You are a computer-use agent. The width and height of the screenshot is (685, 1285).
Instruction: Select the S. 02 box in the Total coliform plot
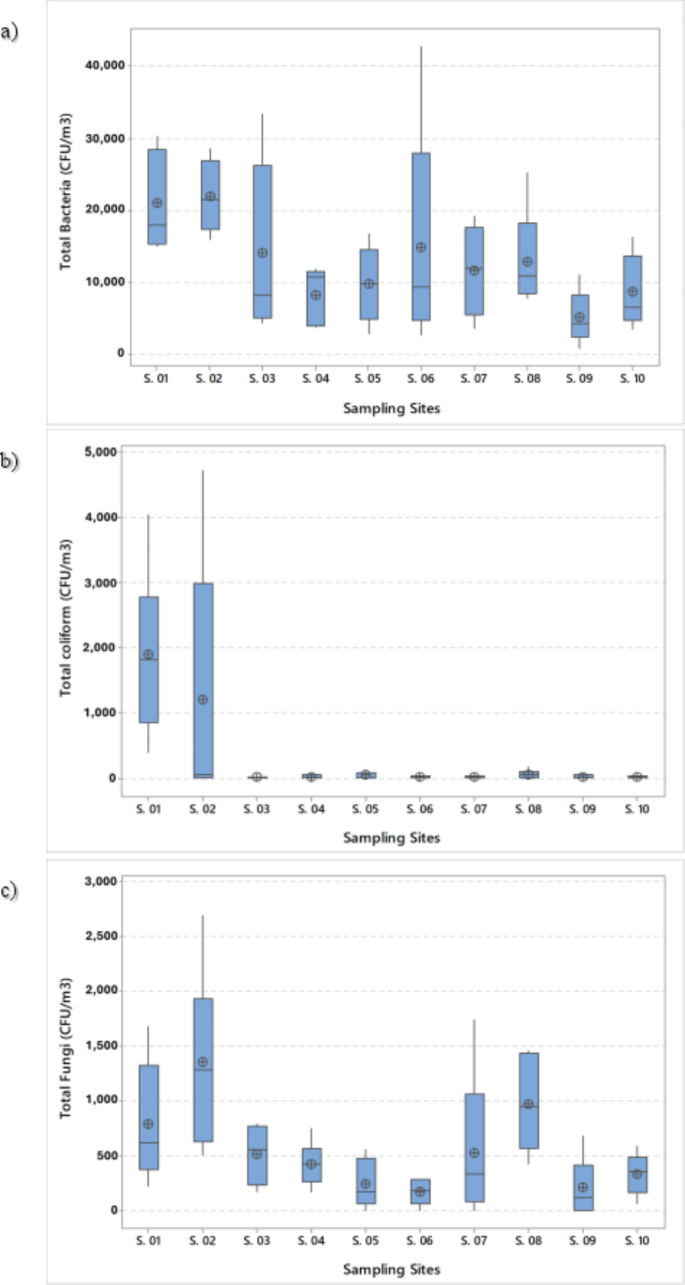tap(203, 680)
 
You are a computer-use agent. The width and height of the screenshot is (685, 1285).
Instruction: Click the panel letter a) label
tap(11, 32)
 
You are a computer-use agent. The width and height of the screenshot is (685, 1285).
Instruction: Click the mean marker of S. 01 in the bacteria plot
tap(157, 203)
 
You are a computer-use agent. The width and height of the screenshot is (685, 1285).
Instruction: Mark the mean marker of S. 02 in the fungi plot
tap(203, 1062)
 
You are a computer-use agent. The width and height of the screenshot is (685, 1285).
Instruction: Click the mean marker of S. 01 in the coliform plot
tap(149, 654)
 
